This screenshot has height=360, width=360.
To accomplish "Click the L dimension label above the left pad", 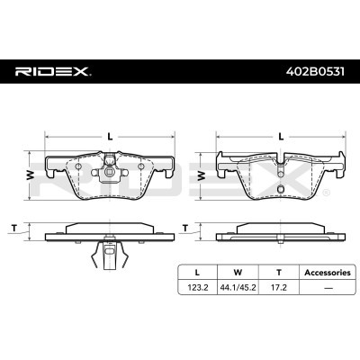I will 110,136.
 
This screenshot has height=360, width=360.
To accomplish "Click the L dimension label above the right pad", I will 282,136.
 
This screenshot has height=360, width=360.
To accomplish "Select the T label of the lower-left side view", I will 14,226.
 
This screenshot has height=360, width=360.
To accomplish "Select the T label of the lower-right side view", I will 184,226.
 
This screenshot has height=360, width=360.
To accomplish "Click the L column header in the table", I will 197,270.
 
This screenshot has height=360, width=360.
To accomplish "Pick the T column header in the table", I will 278,270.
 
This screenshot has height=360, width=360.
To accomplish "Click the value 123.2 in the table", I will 197,287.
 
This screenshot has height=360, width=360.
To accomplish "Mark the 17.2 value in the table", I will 278,287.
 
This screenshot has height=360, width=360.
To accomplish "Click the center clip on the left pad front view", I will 109,168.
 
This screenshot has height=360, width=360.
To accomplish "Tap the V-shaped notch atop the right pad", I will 281,161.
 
